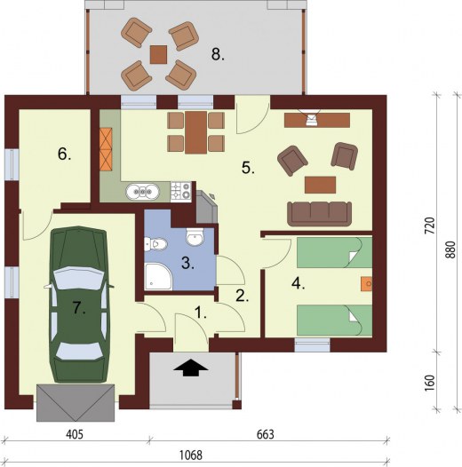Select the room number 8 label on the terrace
(x=218, y=55)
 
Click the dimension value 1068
(x=191, y=455)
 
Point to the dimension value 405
(x=75, y=434)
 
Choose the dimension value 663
(x=266, y=434)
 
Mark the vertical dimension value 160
(x=429, y=384)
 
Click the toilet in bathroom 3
(x=155, y=244)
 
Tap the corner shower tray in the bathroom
(x=158, y=276)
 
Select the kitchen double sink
(x=142, y=192)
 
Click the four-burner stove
(x=181, y=192)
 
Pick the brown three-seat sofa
(x=319, y=214)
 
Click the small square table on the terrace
(x=158, y=54)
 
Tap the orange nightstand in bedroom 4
(x=366, y=283)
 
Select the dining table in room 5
(x=195, y=132)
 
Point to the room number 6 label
(x=64, y=154)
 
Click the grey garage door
(x=76, y=403)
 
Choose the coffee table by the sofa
(x=321, y=185)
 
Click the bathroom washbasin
(x=195, y=237)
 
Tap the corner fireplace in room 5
(x=206, y=207)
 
